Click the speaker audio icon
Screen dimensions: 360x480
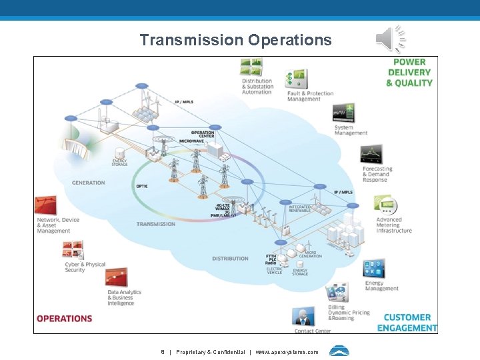point(390,39)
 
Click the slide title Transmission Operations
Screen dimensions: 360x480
point(235,40)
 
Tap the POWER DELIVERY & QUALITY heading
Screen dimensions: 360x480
point(409,73)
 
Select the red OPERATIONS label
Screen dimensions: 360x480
point(64,319)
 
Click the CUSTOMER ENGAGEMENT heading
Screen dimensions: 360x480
point(407,323)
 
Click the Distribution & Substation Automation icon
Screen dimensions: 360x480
point(251,67)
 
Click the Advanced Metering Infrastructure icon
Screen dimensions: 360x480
point(385,205)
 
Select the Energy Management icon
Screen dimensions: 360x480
point(374,269)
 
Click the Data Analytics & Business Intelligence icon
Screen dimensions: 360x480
point(117,278)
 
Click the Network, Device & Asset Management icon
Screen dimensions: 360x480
point(46,205)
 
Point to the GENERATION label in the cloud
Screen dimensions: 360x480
point(88,183)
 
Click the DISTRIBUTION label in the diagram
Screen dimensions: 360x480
point(230,259)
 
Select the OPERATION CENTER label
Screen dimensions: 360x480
point(203,134)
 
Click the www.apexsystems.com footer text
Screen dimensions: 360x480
point(287,352)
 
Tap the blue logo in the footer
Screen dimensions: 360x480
point(339,351)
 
